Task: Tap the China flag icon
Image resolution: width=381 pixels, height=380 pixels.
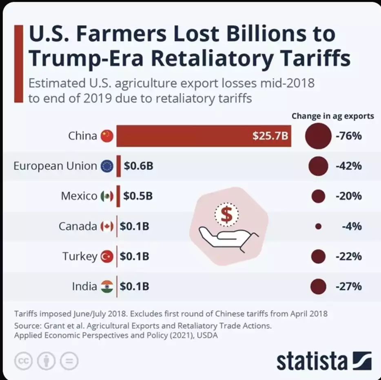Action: [x=107, y=136]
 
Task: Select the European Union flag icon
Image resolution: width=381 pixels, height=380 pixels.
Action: [x=107, y=166]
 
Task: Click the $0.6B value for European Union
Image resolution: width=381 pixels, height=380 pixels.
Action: [x=138, y=166]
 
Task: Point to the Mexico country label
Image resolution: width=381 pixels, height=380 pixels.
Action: [x=79, y=196]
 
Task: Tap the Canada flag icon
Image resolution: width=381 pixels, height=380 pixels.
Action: [x=107, y=226]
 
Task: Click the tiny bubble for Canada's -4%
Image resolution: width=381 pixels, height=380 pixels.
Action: [x=318, y=226]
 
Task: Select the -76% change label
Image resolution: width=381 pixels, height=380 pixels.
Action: [x=348, y=136]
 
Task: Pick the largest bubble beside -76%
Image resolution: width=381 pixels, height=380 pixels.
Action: [x=318, y=136]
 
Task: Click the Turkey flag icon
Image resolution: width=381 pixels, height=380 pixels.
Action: [x=107, y=257]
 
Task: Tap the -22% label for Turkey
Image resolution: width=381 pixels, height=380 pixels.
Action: [x=348, y=257]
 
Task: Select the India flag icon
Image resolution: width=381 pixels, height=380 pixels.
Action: [x=107, y=286]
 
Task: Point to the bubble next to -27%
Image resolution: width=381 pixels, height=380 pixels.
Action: [x=318, y=286]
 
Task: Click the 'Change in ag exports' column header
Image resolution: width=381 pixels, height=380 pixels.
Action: [x=332, y=116]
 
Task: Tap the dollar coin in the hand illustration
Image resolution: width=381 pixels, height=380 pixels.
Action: [x=226, y=214]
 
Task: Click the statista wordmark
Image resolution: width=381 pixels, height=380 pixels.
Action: [x=312, y=361]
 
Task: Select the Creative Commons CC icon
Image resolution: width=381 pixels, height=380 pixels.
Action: [x=24, y=361]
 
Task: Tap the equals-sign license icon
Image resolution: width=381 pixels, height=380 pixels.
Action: [x=69, y=361]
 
